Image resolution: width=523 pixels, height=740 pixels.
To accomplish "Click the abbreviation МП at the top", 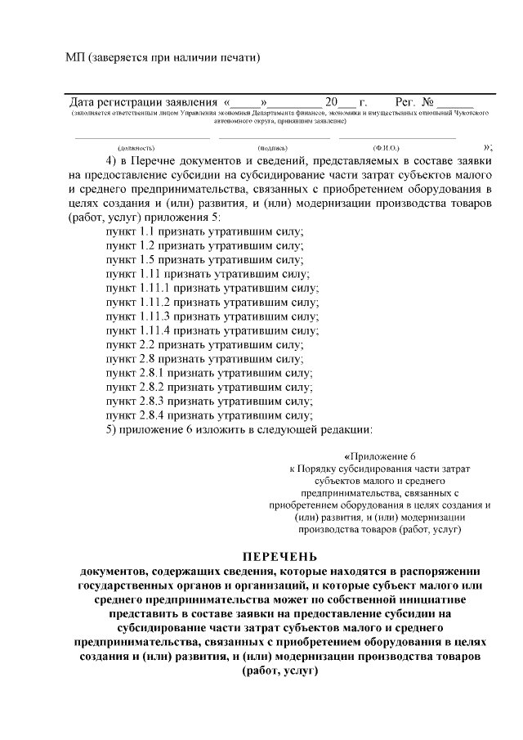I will [74, 57].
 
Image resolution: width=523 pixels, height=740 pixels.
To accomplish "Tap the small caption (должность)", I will [134, 148].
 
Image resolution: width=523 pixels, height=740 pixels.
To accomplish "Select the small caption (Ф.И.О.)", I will [385, 148].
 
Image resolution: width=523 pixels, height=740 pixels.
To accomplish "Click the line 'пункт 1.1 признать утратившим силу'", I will [204, 231].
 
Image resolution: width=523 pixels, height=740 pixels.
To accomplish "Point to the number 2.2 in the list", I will [146, 344].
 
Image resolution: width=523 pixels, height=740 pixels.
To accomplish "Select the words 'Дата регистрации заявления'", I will [144, 102].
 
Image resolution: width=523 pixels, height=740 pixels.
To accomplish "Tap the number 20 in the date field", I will [331, 102].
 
